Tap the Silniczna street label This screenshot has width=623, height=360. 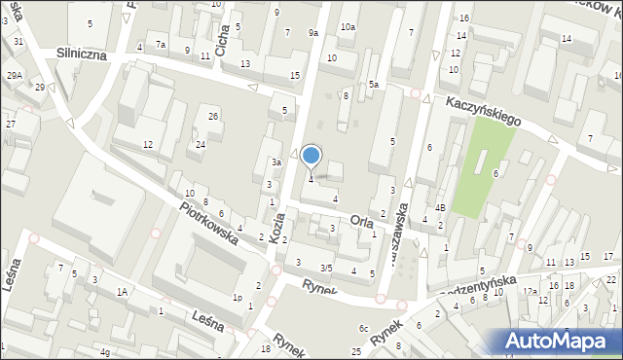tap(87, 54)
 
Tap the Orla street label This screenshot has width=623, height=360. tap(361, 221)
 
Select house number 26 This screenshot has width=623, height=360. tap(213, 117)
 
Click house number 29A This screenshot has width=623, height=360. tap(14, 75)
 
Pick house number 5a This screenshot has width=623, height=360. tap(374, 85)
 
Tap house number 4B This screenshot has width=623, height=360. tap(440, 207)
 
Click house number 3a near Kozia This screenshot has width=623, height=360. tap(276, 162)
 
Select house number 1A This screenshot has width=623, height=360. tap(123, 291)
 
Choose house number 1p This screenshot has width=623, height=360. tap(237, 298)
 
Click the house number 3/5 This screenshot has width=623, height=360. tap(327, 268)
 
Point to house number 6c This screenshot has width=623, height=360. tap(363, 329)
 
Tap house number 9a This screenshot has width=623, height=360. tap(313, 33)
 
